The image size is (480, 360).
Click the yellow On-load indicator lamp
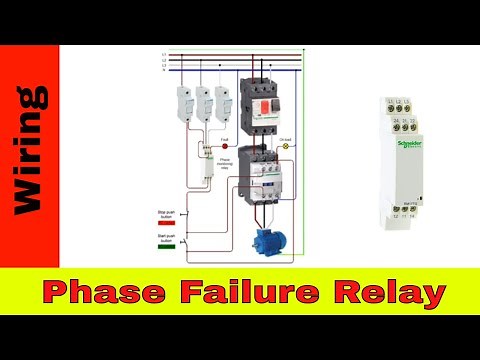(x=285, y=145)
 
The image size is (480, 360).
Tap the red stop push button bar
(x=167, y=222)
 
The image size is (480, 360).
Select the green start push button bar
(x=167, y=249)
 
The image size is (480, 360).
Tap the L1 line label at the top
(x=164, y=54)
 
